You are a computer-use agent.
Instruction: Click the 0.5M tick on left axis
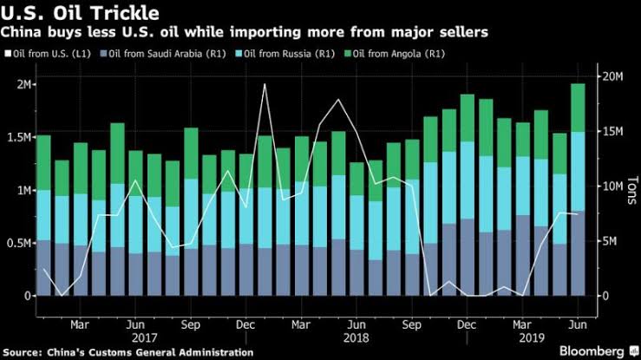click(x=16, y=243)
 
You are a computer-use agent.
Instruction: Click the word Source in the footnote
click(x=23, y=351)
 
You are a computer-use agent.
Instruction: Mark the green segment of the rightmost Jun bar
click(x=577, y=108)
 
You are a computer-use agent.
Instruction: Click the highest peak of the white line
click(x=265, y=84)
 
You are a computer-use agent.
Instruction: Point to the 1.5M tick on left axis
click(x=16, y=137)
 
